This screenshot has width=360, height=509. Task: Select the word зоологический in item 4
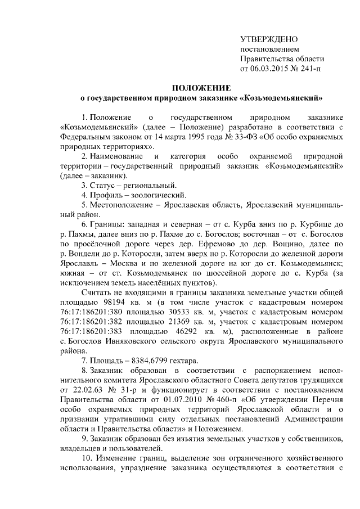(x=157, y=195)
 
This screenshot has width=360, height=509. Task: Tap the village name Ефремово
(x=208, y=244)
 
